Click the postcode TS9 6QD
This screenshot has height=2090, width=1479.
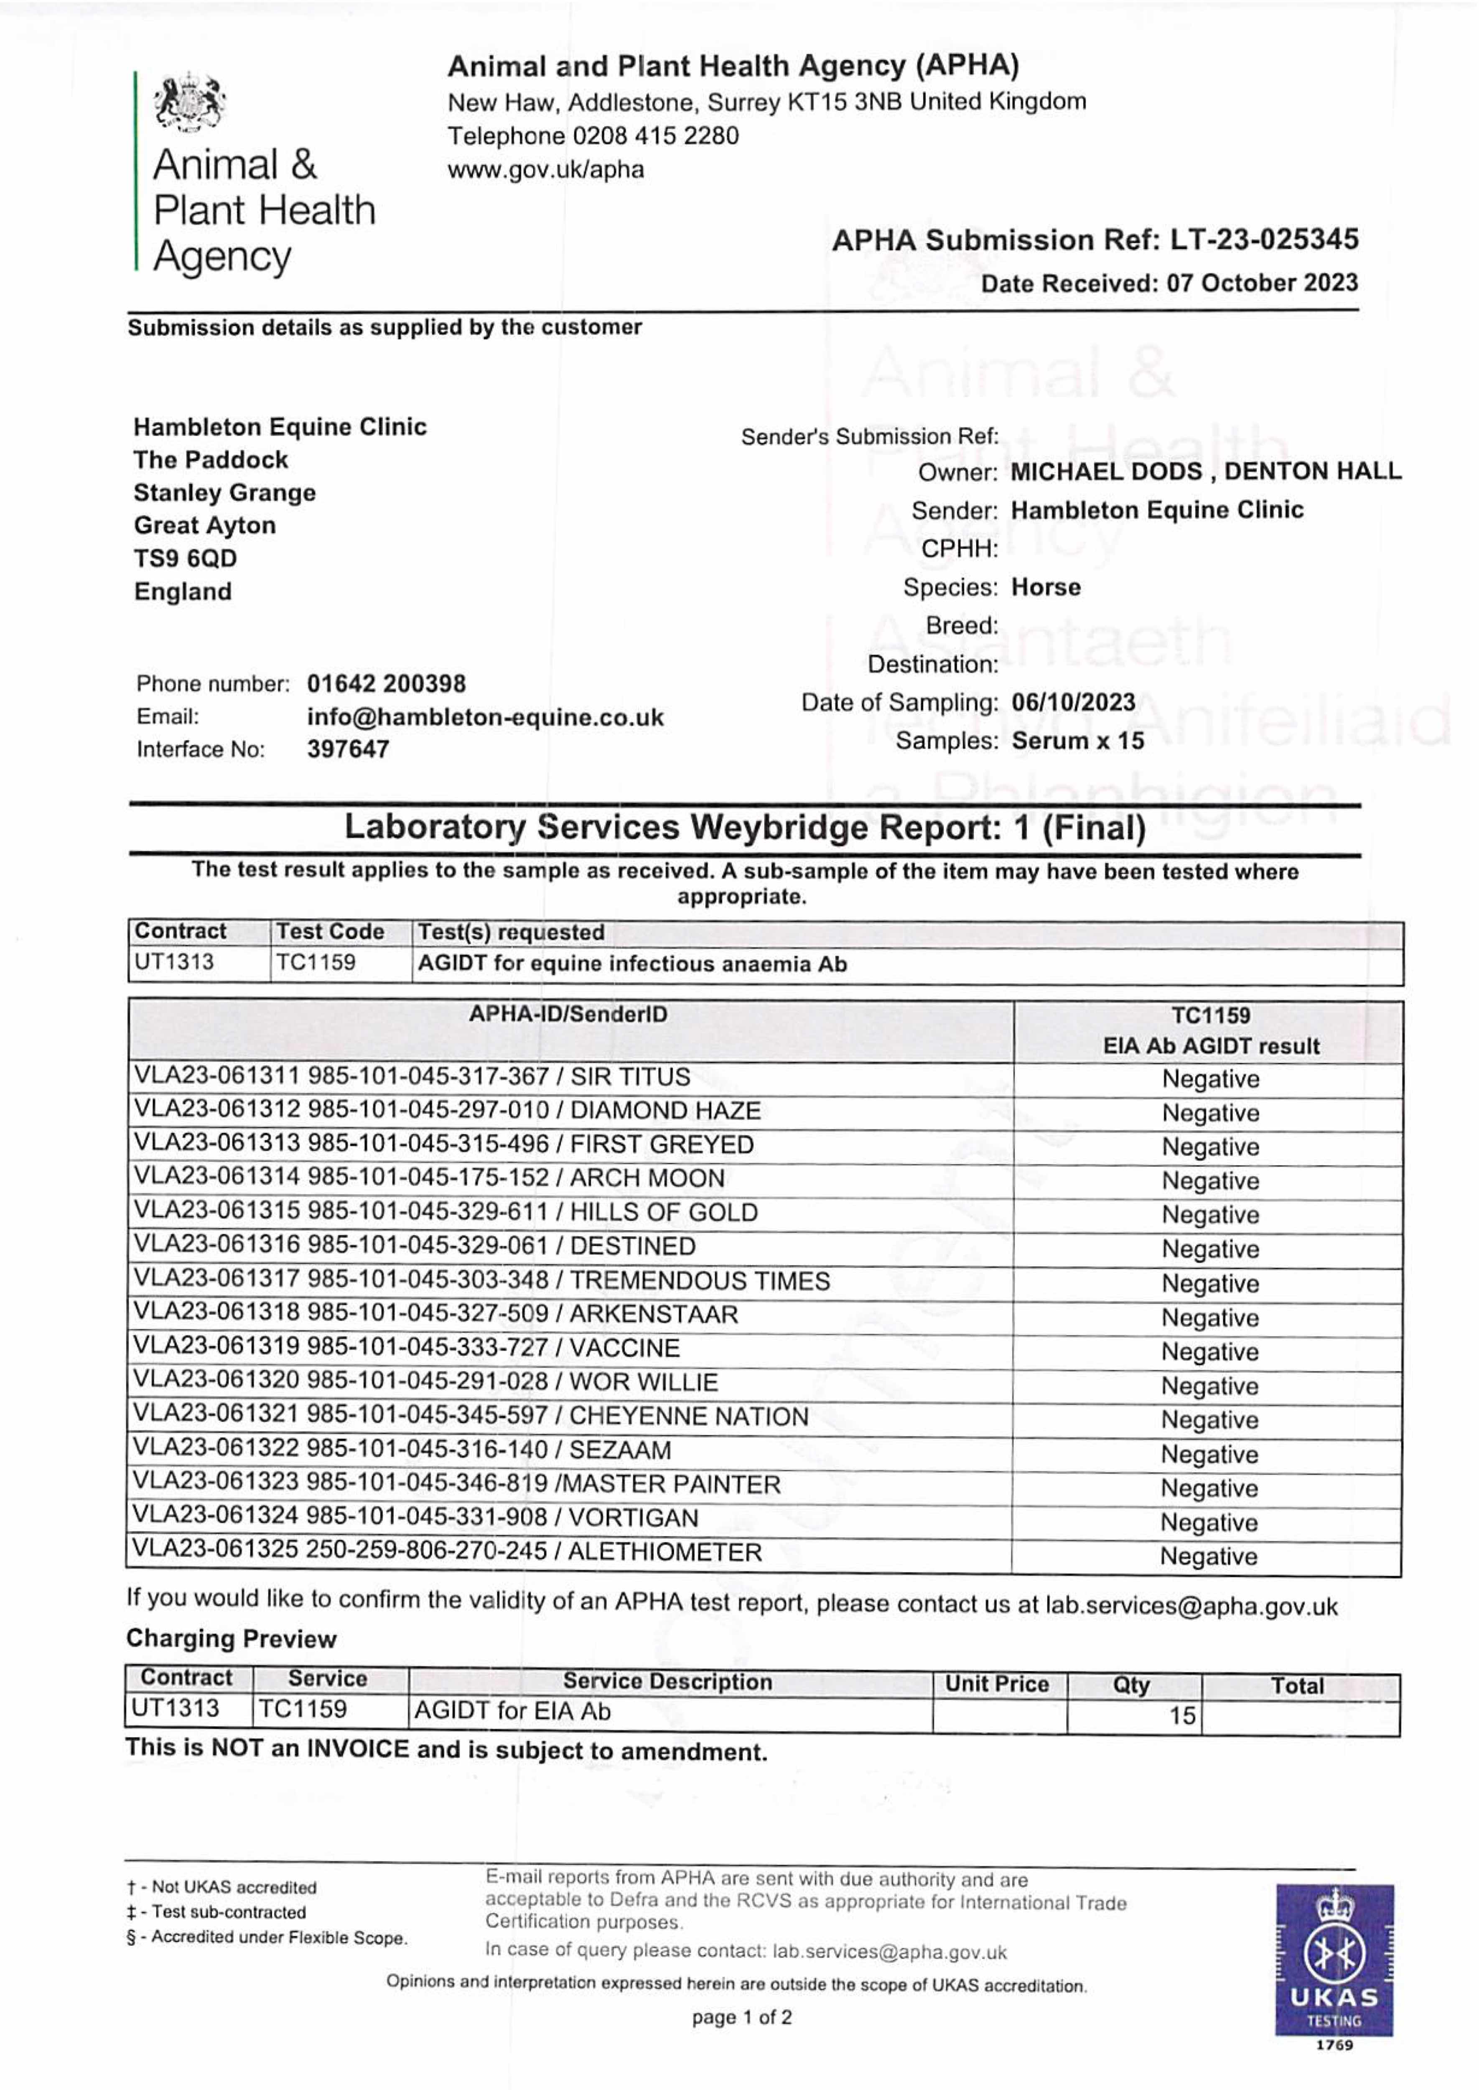pyautogui.click(x=185, y=558)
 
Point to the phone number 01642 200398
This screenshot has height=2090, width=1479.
pyautogui.click(x=386, y=684)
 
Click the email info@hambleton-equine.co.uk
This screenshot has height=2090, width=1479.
pyautogui.click(x=486, y=718)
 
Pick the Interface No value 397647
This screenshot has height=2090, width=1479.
pyautogui.click(x=348, y=749)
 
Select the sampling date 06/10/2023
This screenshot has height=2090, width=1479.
pyautogui.click(x=1073, y=702)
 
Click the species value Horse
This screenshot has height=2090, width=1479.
pyautogui.click(x=1046, y=587)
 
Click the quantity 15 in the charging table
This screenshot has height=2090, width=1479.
pyautogui.click(x=1181, y=1716)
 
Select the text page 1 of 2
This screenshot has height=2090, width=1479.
pyautogui.click(x=741, y=2017)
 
